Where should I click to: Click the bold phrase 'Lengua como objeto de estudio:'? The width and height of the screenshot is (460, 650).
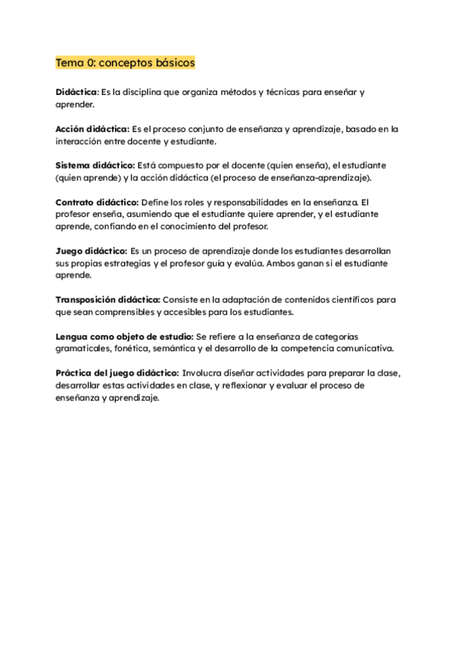pos(124,336)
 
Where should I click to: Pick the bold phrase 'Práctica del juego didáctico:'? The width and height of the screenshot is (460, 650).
pos(117,373)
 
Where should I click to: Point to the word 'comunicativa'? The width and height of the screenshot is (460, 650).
pos(363,349)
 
